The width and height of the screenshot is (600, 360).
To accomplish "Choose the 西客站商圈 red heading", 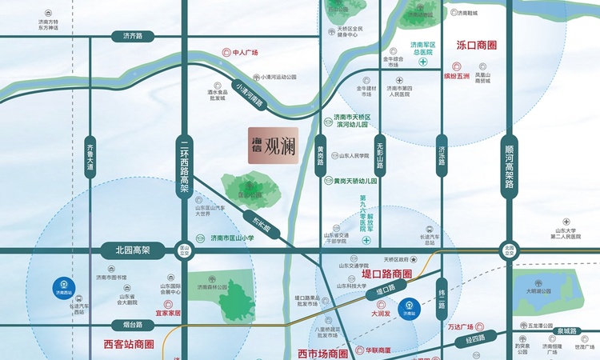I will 129,345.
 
